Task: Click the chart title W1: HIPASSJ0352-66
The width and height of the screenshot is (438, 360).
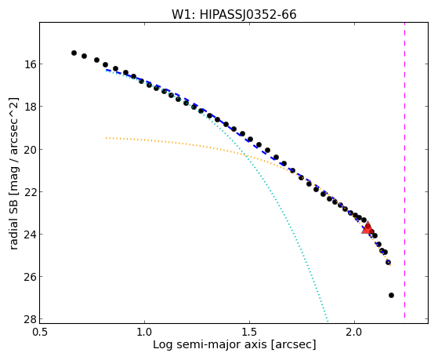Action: pos(233,15)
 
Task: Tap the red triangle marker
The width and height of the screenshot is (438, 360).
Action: pos(367,227)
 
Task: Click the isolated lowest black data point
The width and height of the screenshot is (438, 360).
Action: pos(391,295)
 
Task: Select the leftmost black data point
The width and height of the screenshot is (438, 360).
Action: pos(74,53)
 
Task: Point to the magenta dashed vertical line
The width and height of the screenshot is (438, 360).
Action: pos(404,170)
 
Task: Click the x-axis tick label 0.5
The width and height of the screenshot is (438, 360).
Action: pos(40,332)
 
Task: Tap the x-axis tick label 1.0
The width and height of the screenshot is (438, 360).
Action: pos(144,332)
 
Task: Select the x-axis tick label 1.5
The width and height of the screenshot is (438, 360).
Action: pos(249,332)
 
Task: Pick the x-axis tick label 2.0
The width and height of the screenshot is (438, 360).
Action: pos(354,332)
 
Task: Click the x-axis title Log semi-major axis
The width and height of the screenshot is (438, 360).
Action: pos(209,344)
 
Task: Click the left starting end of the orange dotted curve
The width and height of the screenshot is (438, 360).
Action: pos(106,137)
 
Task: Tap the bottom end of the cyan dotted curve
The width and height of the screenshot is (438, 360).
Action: pos(328,321)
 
